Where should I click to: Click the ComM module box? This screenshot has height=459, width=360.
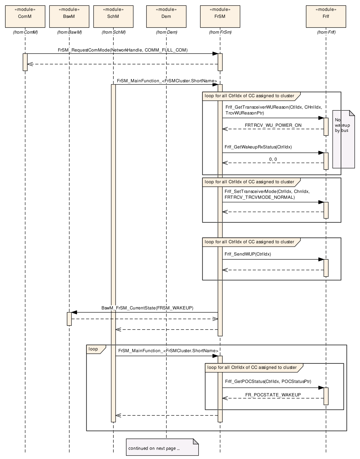click(25, 16)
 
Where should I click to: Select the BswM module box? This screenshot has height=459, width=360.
click(69, 16)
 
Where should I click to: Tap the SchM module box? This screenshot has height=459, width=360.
click(113, 16)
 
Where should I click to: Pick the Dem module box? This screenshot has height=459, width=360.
click(166, 16)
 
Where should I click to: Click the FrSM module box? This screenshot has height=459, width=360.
click(220, 16)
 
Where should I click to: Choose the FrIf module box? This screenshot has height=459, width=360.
click(326, 16)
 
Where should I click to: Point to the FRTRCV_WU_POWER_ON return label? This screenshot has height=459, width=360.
click(273, 125)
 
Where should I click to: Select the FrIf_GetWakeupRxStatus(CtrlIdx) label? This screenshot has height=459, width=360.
click(258, 147)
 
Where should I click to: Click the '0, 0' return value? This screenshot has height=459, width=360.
click(273, 159)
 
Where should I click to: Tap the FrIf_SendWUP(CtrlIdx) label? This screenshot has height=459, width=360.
click(248, 254)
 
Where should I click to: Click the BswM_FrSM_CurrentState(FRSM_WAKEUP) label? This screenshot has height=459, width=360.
click(147, 308)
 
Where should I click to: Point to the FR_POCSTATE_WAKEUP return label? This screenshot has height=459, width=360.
click(273, 395)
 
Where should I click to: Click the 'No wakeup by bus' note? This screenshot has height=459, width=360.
click(344, 139)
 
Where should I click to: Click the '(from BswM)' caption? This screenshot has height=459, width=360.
click(69, 32)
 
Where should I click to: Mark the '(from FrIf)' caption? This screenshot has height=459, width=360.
click(326, 32)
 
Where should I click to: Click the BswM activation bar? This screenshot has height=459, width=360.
click(69, 319)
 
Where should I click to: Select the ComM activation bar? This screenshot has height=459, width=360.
click(25, 62)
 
